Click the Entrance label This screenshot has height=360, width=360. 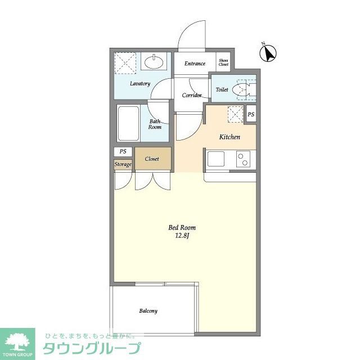pos(195,64)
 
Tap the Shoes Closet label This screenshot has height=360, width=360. pos(223,63)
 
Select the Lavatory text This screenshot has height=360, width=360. pos(139,84)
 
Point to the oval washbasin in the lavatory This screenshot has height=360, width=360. pos(152,61)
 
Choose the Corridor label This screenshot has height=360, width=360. pos(191,95)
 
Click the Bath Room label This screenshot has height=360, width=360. pos(155,124)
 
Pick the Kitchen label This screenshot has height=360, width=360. pos(229,137)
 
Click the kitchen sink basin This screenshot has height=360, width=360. pos(216,159)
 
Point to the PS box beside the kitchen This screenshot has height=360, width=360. pos(251,115)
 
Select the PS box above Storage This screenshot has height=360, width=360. pos(123,151)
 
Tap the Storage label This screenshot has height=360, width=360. pos(123,164)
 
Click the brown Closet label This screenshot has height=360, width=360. pos(152,159)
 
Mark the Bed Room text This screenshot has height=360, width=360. pos(182,228)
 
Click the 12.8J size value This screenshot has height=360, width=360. pos(182,236)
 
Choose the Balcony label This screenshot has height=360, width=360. pos(148,311)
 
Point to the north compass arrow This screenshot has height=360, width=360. pos(269,53)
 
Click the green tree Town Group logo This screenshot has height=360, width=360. pos(18,341)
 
